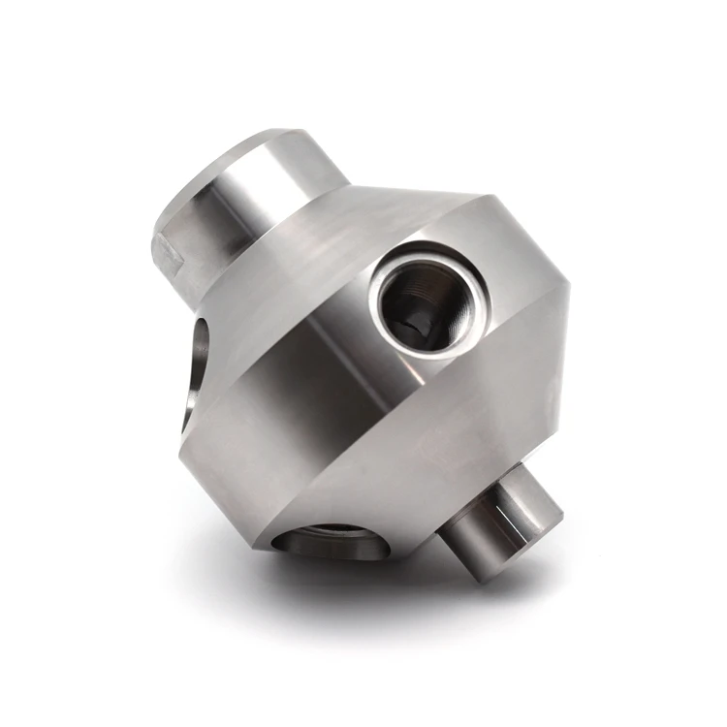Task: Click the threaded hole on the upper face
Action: click(x=420, y=302)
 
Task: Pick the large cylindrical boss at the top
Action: click(x=242, y=204)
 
